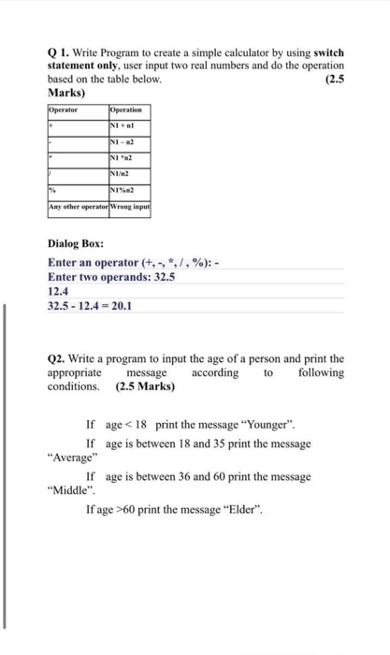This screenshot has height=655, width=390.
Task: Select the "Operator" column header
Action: point(64,109)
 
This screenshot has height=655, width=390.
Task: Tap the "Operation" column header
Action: point(127,109)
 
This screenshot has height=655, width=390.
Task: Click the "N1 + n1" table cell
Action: point(124,124)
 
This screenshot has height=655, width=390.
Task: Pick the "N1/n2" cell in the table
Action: point(123,173)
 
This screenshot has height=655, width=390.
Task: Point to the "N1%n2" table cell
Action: point(124,190)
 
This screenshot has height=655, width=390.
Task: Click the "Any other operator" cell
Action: point(78,206)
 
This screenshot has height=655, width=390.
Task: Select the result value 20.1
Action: point(121,305)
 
